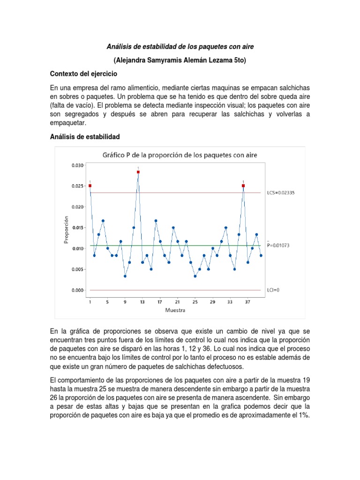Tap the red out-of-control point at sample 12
(138, 172)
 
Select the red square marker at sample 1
(90, 186)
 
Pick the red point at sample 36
(243, 186)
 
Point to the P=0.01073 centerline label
(280, 245)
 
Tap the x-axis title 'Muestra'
(175, 310)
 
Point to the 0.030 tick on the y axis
(78, 165)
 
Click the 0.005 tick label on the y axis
(78, 270)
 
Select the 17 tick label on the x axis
(160, 302)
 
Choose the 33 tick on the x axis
(230, 302)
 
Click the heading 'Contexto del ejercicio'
(84, 74)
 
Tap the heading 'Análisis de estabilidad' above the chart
(85, 136)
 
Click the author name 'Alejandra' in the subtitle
(132, 60)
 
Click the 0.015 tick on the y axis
(78, 228)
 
